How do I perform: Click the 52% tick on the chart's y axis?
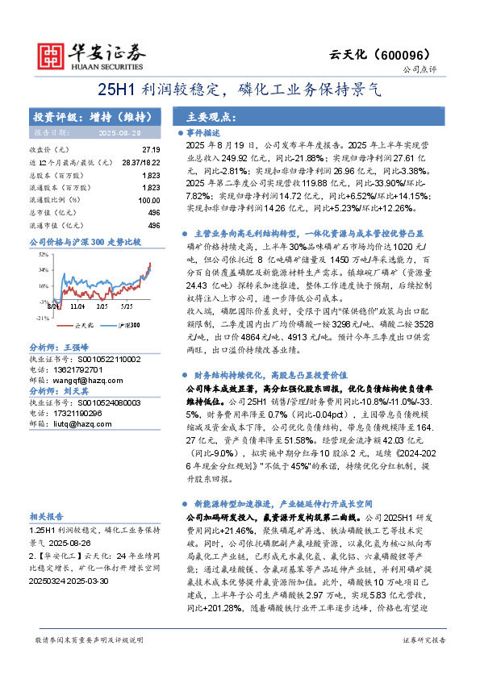point(43,254)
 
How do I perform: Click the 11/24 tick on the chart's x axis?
point(77,306)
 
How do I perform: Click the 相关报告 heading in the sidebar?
point(46,516)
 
